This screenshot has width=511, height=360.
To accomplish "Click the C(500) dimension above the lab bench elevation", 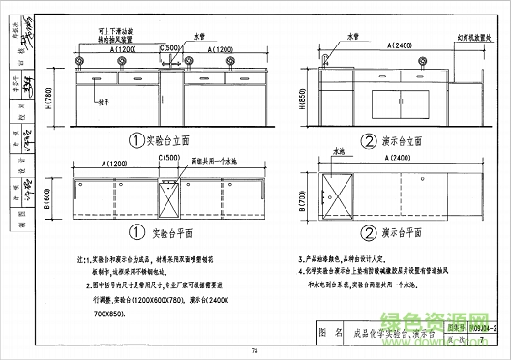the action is tap(170, 48).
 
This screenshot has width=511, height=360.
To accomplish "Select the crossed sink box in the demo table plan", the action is tap(341, 193).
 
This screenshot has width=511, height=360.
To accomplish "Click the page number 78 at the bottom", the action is tap(254, 349).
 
